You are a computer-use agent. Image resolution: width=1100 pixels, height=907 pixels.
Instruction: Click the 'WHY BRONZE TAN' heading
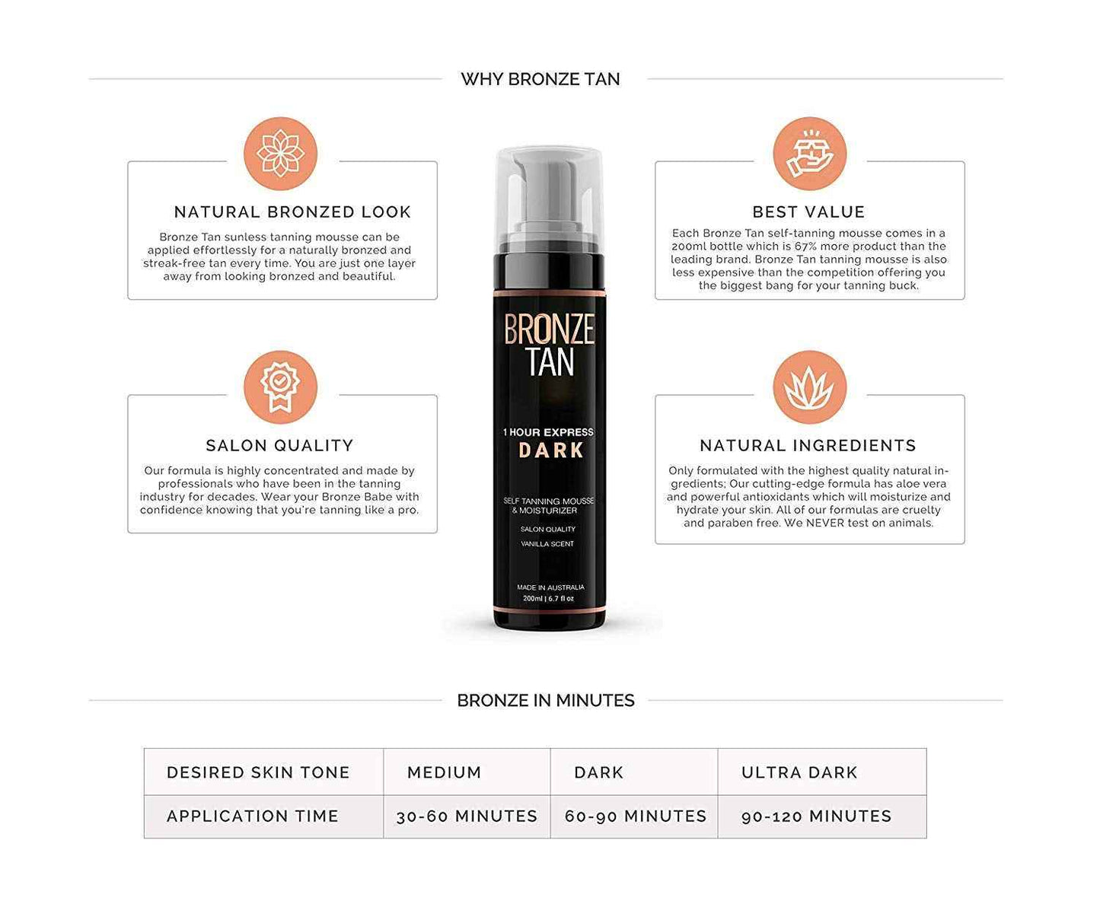click(x=540, y=79)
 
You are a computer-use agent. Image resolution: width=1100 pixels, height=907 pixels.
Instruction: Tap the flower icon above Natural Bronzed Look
click(x=280, y=153)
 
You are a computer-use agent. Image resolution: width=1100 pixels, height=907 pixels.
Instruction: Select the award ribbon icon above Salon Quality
click(x=280, y=387)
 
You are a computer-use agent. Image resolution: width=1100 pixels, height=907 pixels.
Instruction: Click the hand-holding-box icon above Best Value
click(x=809, y=153)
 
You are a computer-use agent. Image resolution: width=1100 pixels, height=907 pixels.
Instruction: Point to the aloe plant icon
click(x=809, y=387)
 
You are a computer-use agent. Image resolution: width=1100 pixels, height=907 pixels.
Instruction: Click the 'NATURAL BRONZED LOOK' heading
click(x=292, y=212)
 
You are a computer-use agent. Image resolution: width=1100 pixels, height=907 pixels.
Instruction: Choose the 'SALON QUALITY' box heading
click(x=279, y=446)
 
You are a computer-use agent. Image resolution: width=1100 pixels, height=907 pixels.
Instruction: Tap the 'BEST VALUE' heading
click(x=808, y=212)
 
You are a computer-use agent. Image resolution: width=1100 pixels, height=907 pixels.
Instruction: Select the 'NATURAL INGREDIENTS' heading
click(x=808, y=446)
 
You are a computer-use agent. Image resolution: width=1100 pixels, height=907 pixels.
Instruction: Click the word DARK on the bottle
click(x=551, y=450)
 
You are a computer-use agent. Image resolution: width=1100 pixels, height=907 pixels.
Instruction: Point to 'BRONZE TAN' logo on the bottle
click(x=550, y=345)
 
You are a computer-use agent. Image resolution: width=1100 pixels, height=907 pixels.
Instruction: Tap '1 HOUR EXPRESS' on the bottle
click(x=548, y=432)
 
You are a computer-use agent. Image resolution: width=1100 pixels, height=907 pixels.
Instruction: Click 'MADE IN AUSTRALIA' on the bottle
click(x=550, y=587)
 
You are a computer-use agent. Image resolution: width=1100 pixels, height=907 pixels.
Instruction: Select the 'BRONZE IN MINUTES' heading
click(x=545, y=701)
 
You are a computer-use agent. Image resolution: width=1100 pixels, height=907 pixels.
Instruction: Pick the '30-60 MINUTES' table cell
click(x=467, y=816)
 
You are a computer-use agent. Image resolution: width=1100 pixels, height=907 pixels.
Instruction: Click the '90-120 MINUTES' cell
click(x=816, y=816)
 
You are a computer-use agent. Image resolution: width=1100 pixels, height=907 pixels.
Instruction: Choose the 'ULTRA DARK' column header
click(x=799, y=773)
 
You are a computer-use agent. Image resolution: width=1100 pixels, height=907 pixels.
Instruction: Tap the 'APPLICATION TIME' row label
click(x=252, y=816)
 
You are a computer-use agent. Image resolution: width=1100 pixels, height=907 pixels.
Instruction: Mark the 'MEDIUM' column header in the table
click(x=444, y=773)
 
